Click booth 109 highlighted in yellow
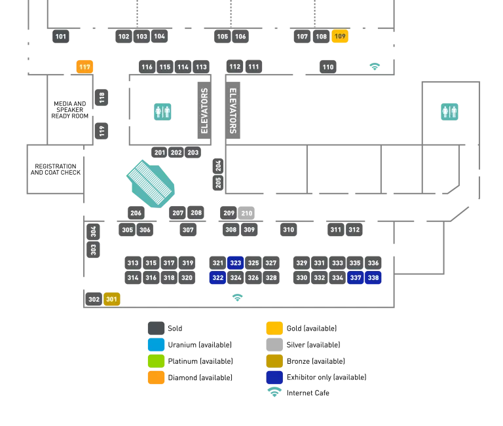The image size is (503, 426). [x=340, y=37]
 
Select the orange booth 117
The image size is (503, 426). [x=84, y=67]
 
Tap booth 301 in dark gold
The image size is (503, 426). [x=112, y=299]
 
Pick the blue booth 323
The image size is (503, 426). [x=236, y=263]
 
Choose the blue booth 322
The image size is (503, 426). [x=218, y=277]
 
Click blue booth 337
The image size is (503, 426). [x=356, y=277]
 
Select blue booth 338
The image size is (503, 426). [x=373, y=277]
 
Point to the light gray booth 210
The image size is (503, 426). [x=247, y=213]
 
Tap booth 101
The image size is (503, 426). [x=61, y=37]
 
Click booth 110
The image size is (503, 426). [x=328, y=67]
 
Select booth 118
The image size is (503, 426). [x=102, y=99]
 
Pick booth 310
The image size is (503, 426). [x=288, y=230]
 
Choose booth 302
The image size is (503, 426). [x=94, y=299]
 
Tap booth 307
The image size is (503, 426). [x=188, y=230]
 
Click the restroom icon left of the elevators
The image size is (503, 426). [x=162, y=111]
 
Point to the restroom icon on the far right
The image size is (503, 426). [x=450, y=111]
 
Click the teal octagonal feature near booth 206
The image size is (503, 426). [x=151, y=183]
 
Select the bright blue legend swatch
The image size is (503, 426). [x=157, y=344]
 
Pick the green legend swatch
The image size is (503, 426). [x=157, y=361]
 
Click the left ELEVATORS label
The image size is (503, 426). [x=204, y=111]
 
